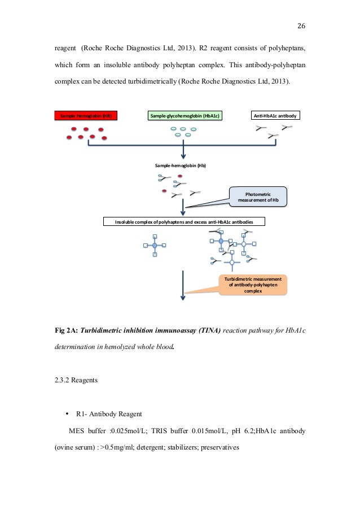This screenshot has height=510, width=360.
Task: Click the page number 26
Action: click(x=301, y=26)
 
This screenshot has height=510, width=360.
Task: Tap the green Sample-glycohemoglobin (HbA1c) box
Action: click(x=184, y=116)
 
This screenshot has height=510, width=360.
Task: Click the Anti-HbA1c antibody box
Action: click(x=275, y=116)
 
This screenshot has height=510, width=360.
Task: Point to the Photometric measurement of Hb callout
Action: click(x=259, y=196)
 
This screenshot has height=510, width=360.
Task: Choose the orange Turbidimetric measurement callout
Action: click(x=253, y=285)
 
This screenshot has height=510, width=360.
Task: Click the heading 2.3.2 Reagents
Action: click(x=76, y=380)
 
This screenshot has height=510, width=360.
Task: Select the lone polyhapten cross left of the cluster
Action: click(x=154, y=245)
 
